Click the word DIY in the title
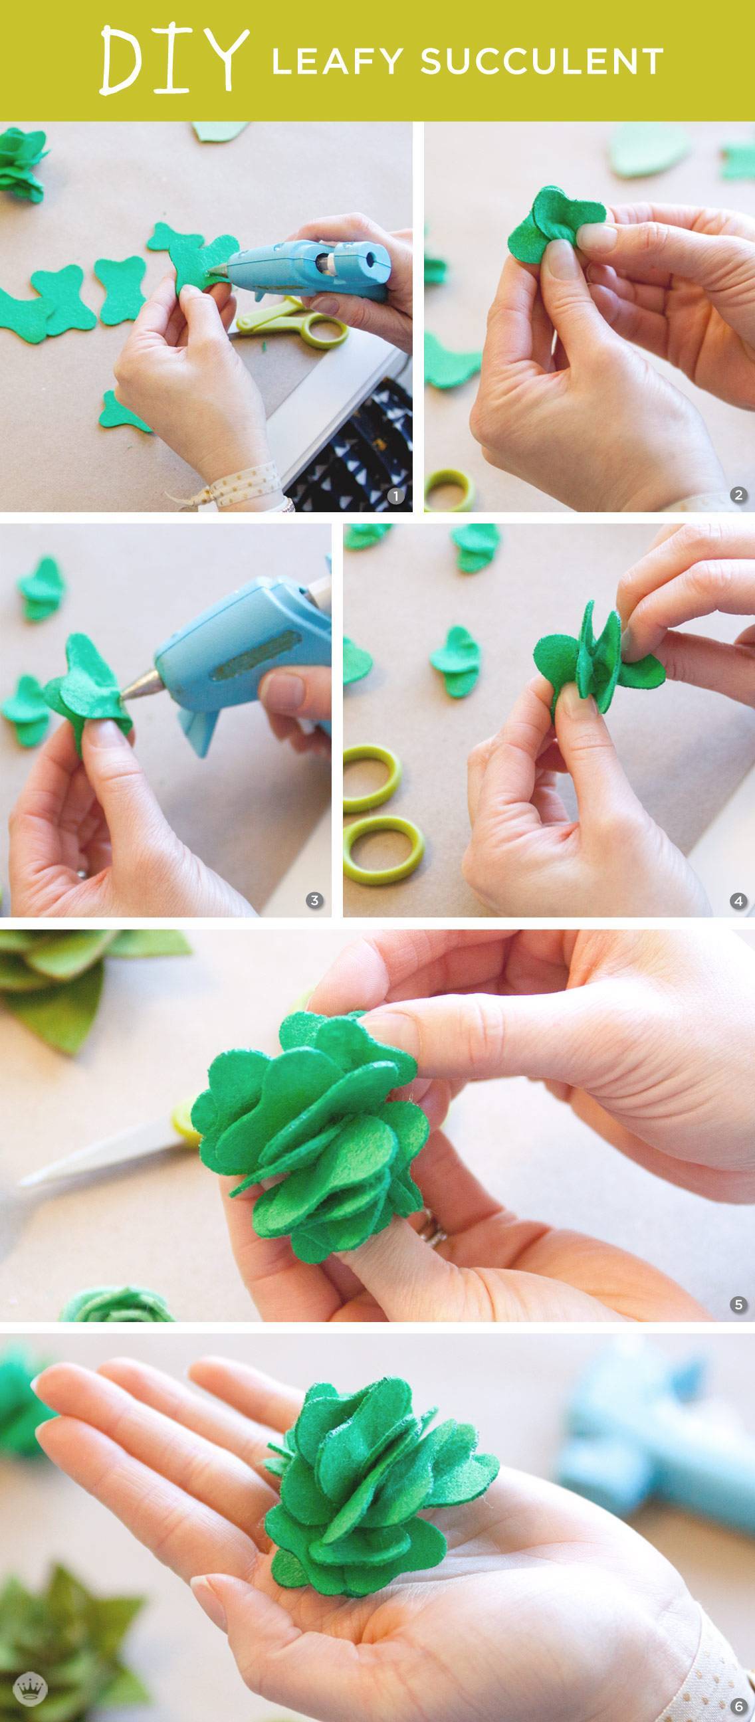pos(171,61)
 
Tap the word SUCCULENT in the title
pos(541,62)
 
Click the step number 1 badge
pos(397,496)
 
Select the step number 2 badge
pos(739,496)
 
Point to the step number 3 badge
pos(314,900)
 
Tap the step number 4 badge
pos(739,901)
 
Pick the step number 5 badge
pos(739,1304)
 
